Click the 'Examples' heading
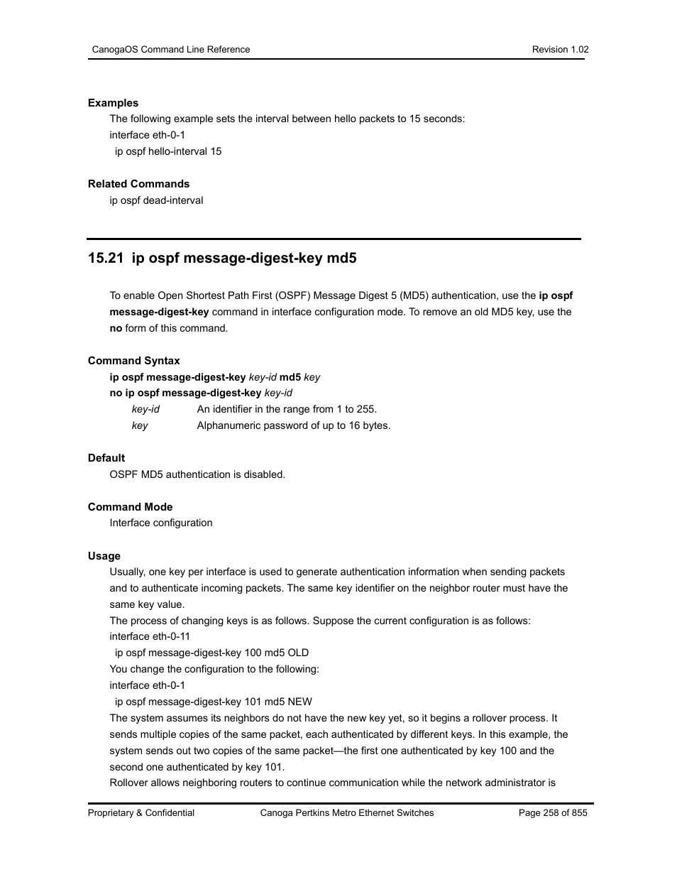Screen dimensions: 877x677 point(113,103)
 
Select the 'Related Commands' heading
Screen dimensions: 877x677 point(138,184)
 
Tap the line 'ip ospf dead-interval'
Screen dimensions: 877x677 point(156,200)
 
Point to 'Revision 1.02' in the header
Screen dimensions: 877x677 point(560,50)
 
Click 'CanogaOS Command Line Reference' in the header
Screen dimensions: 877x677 point(171,50)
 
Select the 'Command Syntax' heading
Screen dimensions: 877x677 point(133,361)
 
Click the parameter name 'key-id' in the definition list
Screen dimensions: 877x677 point(145,409)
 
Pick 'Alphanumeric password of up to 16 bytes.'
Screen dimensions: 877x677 point(294,425)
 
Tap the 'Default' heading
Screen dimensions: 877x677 point(106,458)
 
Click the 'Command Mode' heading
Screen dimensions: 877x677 point(130,507)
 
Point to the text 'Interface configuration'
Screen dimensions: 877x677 point(161,523)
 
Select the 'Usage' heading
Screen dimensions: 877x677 point(104,556)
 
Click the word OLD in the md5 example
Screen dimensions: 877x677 point(298,653)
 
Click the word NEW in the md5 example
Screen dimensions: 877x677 point(299,702)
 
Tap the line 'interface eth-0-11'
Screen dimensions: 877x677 point(150,636)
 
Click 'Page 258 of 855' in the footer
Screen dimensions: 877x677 point(553,813)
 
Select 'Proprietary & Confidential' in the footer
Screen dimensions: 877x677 point(141,813)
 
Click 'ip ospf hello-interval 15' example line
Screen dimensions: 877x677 point(168,151)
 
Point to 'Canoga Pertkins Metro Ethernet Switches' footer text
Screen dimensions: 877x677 point(347,813)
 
